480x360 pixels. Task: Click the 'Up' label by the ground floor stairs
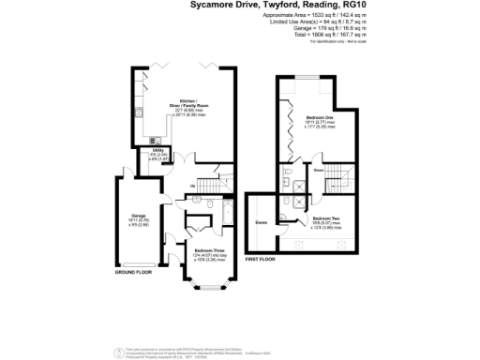point(192,187)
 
